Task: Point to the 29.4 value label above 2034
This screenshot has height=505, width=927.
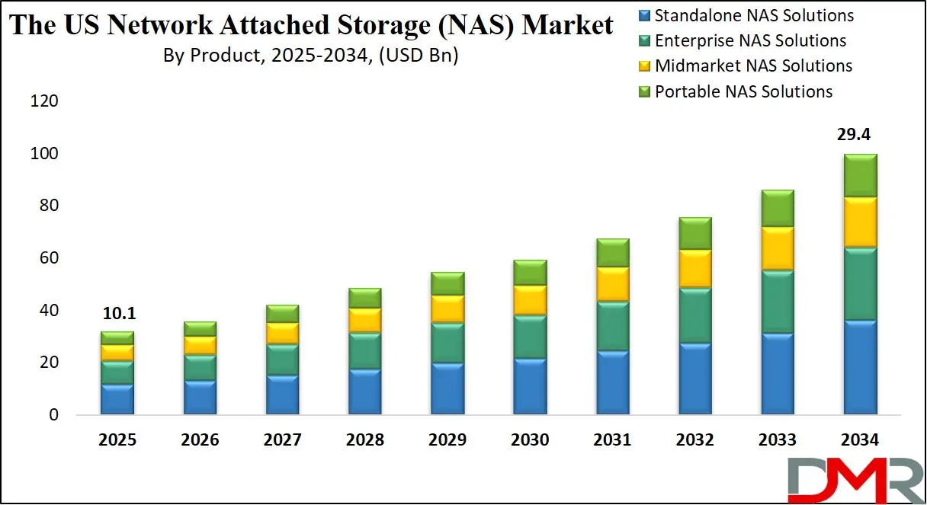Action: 854,136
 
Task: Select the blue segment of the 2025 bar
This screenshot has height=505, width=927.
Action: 117,399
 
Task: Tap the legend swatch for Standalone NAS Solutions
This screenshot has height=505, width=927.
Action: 644,15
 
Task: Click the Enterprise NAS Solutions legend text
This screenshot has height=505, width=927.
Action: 750,41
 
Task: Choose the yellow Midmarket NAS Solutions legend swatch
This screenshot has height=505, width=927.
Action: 644,66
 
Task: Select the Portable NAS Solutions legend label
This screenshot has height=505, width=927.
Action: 743,92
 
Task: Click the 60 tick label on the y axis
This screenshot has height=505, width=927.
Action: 47,258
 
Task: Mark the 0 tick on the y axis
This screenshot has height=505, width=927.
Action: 53,415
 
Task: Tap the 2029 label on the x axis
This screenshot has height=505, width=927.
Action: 447,440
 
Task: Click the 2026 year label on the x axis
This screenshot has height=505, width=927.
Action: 200,440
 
